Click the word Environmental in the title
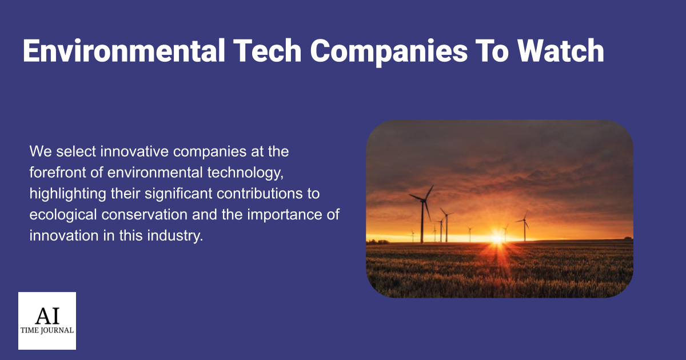coord(124,51)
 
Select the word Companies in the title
coord(389,52)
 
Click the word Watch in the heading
coord(561,50)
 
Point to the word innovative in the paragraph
coord(134,151)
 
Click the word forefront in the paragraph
coord(58,173)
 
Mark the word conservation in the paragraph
coord(144,215)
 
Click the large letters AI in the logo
coord(47,316)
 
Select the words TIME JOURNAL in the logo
coord(47,331)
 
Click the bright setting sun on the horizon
coord(497,238)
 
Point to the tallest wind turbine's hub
coord(424,201)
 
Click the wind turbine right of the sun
coord(524,226)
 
